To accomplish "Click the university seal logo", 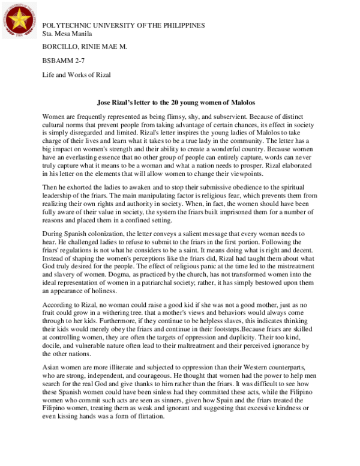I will click(19, 19).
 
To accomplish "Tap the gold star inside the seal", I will click(19, 19).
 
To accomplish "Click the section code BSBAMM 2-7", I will click(64, 61).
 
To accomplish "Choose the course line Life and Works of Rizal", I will click(77, 76).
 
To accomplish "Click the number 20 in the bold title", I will click(173, 103).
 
